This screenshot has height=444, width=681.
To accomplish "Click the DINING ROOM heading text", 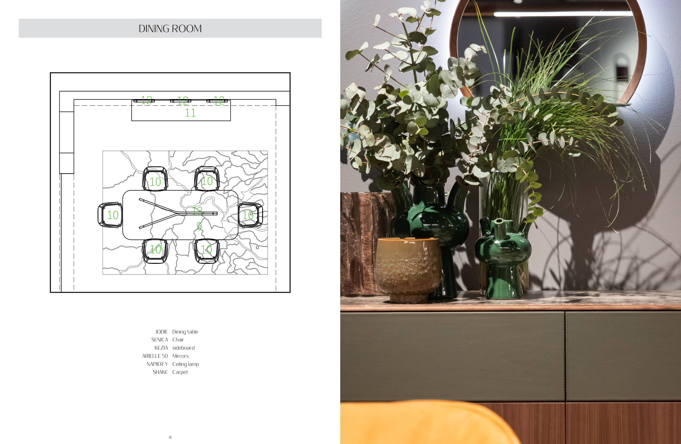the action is [170, 29].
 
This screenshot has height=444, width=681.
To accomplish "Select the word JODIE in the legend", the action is [161, 332].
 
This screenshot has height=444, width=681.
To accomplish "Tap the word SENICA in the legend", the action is [160, 340].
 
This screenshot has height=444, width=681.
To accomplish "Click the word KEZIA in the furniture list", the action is [161, 348].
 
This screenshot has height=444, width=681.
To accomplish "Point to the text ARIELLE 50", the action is [155, 356].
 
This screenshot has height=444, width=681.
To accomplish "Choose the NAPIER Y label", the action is [157, 364].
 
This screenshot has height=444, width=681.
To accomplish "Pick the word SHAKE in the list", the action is [160, 372].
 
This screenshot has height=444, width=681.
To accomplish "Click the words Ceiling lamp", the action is [186, 364].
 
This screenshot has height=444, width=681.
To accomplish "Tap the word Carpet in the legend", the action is [180, 372].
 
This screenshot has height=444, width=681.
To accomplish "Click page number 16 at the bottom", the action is [170, 437].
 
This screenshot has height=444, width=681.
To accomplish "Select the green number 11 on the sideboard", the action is [190, 113].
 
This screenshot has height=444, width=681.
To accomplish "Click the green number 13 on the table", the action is [197, 211].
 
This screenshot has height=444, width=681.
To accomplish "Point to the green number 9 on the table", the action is [199, 226].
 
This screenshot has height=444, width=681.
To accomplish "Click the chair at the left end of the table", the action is [110, 215].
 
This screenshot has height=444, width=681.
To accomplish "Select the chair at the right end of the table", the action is [251, 215].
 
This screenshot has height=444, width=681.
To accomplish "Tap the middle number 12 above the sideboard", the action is [183, 100].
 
